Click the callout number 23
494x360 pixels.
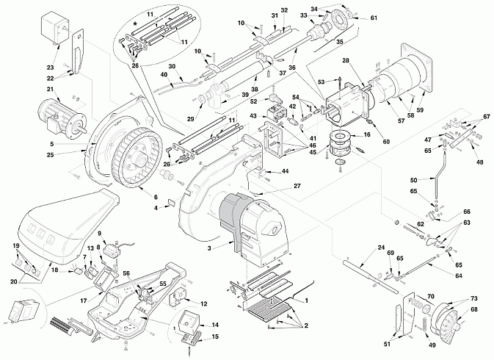51,68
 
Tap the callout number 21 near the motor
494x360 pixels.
51,90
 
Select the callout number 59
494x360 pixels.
420,110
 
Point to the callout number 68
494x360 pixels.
474,309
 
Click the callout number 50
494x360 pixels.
414,180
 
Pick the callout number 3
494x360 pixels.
209,248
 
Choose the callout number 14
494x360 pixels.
215,325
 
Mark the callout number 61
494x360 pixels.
374,18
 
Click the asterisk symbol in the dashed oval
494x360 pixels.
136,24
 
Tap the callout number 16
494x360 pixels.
367,134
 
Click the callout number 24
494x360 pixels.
381,247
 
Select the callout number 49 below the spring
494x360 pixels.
432,345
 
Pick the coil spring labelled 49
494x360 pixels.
424,327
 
